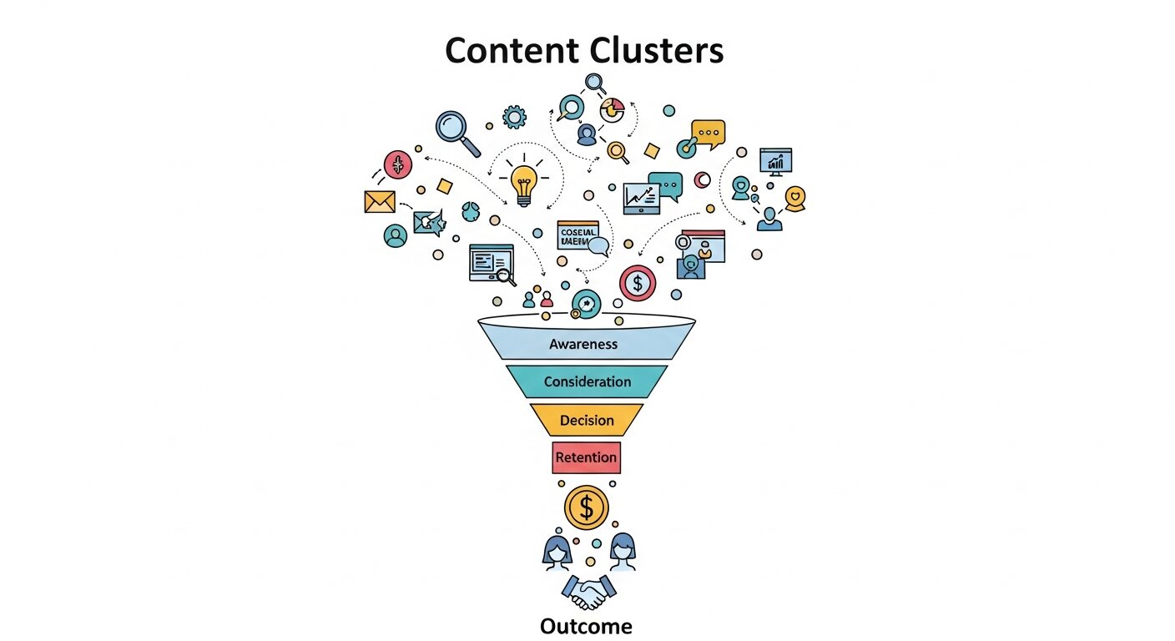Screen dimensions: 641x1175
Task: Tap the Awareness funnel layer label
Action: coord(583,344)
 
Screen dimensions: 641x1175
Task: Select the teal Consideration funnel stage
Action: coord(587,381)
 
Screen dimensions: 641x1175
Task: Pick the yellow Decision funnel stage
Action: coord(587,420)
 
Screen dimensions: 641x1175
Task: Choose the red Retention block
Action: coord(586,457)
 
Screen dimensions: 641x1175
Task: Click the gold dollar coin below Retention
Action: coord(587,507)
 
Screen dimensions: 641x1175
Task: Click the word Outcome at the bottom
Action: coord(586,626)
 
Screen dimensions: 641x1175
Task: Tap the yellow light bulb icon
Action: coord(523,183)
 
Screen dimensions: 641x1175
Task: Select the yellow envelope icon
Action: coord(380,201)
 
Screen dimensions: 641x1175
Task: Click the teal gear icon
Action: coord(514,117)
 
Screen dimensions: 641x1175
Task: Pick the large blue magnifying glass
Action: coord(456,131)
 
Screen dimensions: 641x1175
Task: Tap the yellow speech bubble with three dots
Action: coord(709,134)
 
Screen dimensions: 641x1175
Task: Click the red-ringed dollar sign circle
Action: coord(638,283)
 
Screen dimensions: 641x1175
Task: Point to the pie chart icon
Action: coord(613,110)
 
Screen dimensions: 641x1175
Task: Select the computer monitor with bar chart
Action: coord(775,161)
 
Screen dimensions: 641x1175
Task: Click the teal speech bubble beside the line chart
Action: coord(666,182)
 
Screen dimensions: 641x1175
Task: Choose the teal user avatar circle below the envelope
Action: coord(396,236)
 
